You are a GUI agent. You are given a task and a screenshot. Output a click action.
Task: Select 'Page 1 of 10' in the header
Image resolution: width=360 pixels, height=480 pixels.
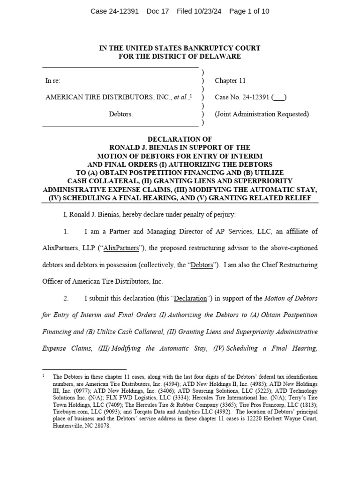point(249,11)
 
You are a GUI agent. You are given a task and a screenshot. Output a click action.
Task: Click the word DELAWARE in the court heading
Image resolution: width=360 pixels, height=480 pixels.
point(221,56)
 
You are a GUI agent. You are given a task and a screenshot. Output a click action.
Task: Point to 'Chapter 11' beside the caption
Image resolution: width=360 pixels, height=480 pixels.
point(230,81)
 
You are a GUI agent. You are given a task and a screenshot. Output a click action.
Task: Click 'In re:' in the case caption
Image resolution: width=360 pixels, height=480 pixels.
point(53,81)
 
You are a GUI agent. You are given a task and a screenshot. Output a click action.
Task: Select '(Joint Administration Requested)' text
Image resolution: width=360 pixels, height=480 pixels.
point(262,114)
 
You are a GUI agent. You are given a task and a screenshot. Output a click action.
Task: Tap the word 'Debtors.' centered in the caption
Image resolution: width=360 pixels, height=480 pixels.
point(121,114)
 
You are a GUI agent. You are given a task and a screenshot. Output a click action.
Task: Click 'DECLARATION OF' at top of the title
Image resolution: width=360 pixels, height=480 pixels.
point(180,140)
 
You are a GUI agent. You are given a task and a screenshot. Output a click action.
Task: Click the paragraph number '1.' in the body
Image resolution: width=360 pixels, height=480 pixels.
point(66,232)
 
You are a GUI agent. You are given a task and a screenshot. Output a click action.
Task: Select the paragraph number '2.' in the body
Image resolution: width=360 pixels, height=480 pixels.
point(66,298)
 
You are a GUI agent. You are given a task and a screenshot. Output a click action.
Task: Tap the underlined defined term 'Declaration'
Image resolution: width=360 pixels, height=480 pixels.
point(190,298)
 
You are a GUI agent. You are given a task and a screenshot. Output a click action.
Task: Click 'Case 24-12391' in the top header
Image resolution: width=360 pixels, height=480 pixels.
point(114,11)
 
